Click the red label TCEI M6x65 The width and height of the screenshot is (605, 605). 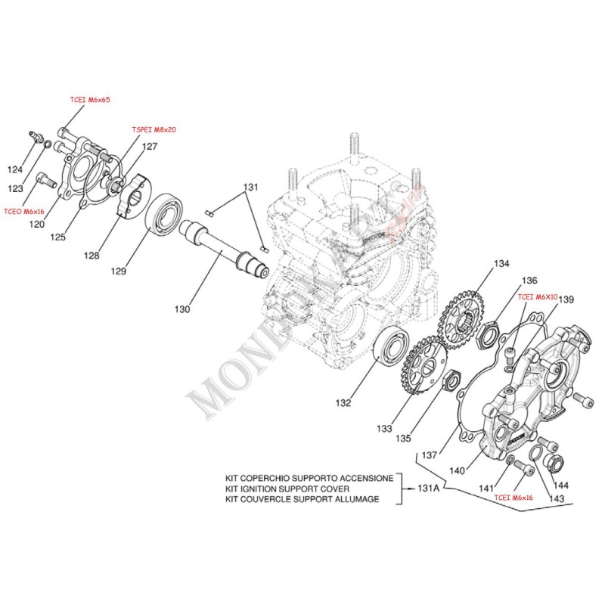(89, 99)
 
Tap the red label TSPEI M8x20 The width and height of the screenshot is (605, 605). (154, 130)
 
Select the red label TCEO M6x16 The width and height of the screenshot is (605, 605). (24, 213)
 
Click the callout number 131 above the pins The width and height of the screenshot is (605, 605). (250, 187)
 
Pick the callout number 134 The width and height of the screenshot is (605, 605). (502, 264)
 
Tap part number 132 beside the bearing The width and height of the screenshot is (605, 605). (343, 403)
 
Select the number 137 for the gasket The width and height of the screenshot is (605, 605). (430, 455)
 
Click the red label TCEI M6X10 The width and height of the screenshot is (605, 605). (538, 298)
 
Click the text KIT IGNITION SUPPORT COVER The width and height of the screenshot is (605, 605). (293, 489)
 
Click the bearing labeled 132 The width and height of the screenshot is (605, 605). (392, 350)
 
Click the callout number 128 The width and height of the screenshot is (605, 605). (92, 256)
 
